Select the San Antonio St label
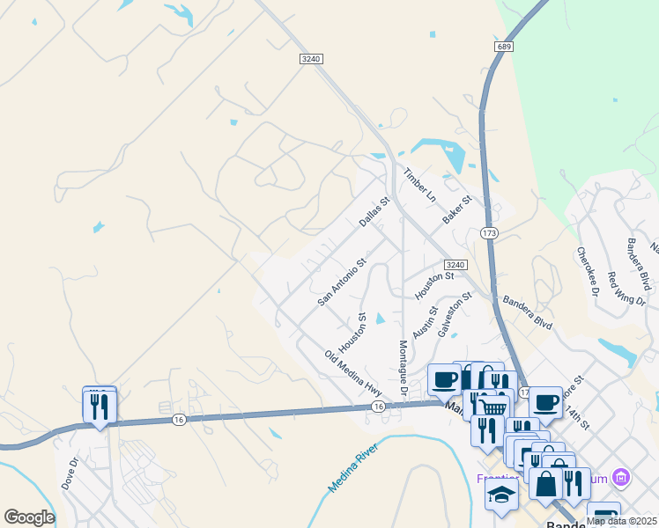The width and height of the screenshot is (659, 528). pos(342,282)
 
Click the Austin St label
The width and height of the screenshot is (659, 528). pos(425,323)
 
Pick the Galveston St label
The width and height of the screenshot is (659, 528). pos(455,314)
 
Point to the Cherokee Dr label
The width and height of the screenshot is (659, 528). pos(588,270)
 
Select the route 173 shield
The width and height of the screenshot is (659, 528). pos(490,233)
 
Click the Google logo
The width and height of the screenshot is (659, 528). pos(29,517)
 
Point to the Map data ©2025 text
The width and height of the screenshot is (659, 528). pos(622,521)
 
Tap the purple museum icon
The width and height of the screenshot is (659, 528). pos(622,478)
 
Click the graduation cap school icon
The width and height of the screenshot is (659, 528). pos(501,494)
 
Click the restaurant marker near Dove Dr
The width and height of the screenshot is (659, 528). pos(99,406)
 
